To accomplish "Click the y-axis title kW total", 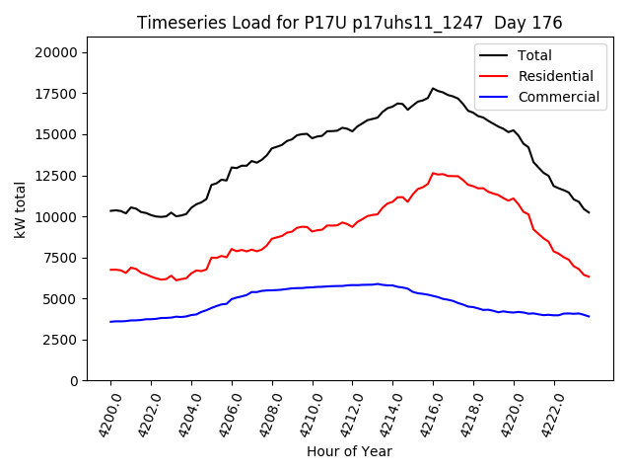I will pos(21,209).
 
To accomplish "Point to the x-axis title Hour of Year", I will pos(349,451).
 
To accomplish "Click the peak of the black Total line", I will pos(433,88).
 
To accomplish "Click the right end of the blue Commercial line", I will pos(590,317).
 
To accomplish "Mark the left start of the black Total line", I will pos(110,210).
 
